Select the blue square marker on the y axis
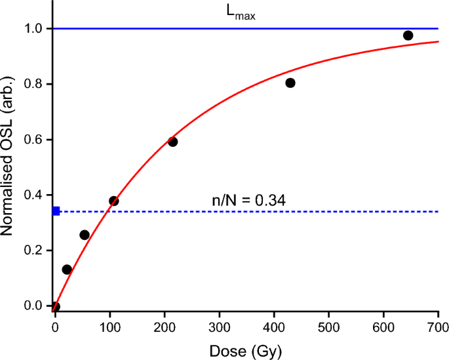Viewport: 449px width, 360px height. (x=56, y=211)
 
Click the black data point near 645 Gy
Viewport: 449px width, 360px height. (x=408, y=35)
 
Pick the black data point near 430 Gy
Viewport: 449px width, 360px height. (x=290, y=83)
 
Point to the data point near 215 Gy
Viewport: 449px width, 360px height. (x=173, y=142)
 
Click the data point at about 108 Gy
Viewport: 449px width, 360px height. (x=114, y=201)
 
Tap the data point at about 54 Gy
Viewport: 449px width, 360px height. (x=85, y=235)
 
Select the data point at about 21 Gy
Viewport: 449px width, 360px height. (x=67, y=270)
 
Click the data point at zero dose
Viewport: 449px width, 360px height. (x=56, y=306)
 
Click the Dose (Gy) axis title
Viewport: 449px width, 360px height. (x=246, y=351)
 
